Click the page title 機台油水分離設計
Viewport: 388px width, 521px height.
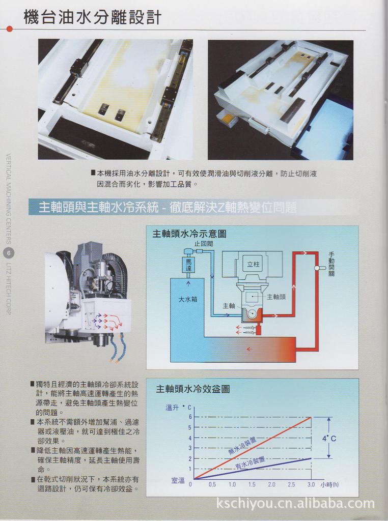coord(93,17)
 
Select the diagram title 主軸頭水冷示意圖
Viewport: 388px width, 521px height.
coord(189,234)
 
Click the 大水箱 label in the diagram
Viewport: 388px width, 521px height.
coord(187,300)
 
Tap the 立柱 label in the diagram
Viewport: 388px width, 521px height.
coord(253,265)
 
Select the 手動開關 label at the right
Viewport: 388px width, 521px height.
coord(331,264)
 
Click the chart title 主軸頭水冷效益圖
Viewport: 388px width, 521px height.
coord(192,389)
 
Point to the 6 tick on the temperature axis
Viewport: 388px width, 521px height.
coord(190,417)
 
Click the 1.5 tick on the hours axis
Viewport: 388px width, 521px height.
coord(252,484)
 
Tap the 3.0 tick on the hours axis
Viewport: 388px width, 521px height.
coord(311,484)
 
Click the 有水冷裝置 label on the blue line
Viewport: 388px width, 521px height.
coord(250,463)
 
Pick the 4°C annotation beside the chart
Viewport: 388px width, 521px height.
coord(329,439)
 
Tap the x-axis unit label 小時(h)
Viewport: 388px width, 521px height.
coord(329,485)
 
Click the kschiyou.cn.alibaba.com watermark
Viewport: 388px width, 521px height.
coord(295,504)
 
